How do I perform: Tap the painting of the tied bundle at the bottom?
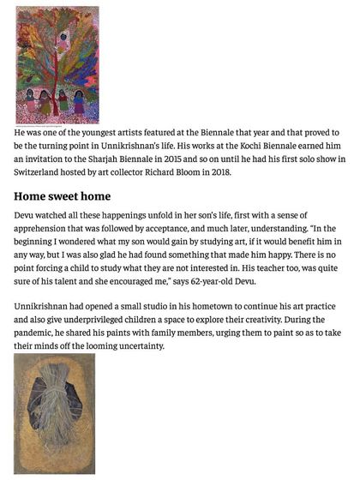pos(55,412)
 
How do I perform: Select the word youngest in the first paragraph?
pos(104,134)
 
